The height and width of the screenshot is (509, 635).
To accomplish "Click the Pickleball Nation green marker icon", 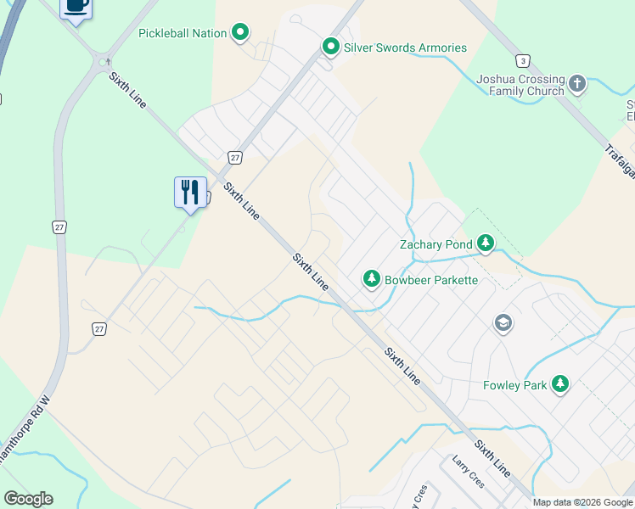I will pos(240,33).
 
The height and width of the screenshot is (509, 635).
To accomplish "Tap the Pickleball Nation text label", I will pos(183,33).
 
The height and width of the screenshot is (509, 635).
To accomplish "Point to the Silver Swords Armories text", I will pos(405,48).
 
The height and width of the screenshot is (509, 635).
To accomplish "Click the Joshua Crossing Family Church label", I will pos(520,84).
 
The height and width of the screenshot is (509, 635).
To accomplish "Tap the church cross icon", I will pos(577,83).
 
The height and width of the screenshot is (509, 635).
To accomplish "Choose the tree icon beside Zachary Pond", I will pos(485,244).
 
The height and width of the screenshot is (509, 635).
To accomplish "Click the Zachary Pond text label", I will pos(436,244).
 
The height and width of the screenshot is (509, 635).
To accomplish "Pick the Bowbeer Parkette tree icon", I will pos(371,278).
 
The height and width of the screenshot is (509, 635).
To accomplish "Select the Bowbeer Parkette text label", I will pos(431,279).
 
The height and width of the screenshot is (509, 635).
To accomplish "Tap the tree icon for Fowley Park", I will pos(559,384).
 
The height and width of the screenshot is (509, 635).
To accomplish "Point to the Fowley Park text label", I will pos(515,384).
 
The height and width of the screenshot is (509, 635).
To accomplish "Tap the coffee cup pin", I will pos(76,7).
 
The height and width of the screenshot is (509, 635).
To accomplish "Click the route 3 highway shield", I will pos(523,60).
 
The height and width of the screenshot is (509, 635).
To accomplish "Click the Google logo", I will pos(28,498).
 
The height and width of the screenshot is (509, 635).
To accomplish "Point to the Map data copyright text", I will pos(583,502).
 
